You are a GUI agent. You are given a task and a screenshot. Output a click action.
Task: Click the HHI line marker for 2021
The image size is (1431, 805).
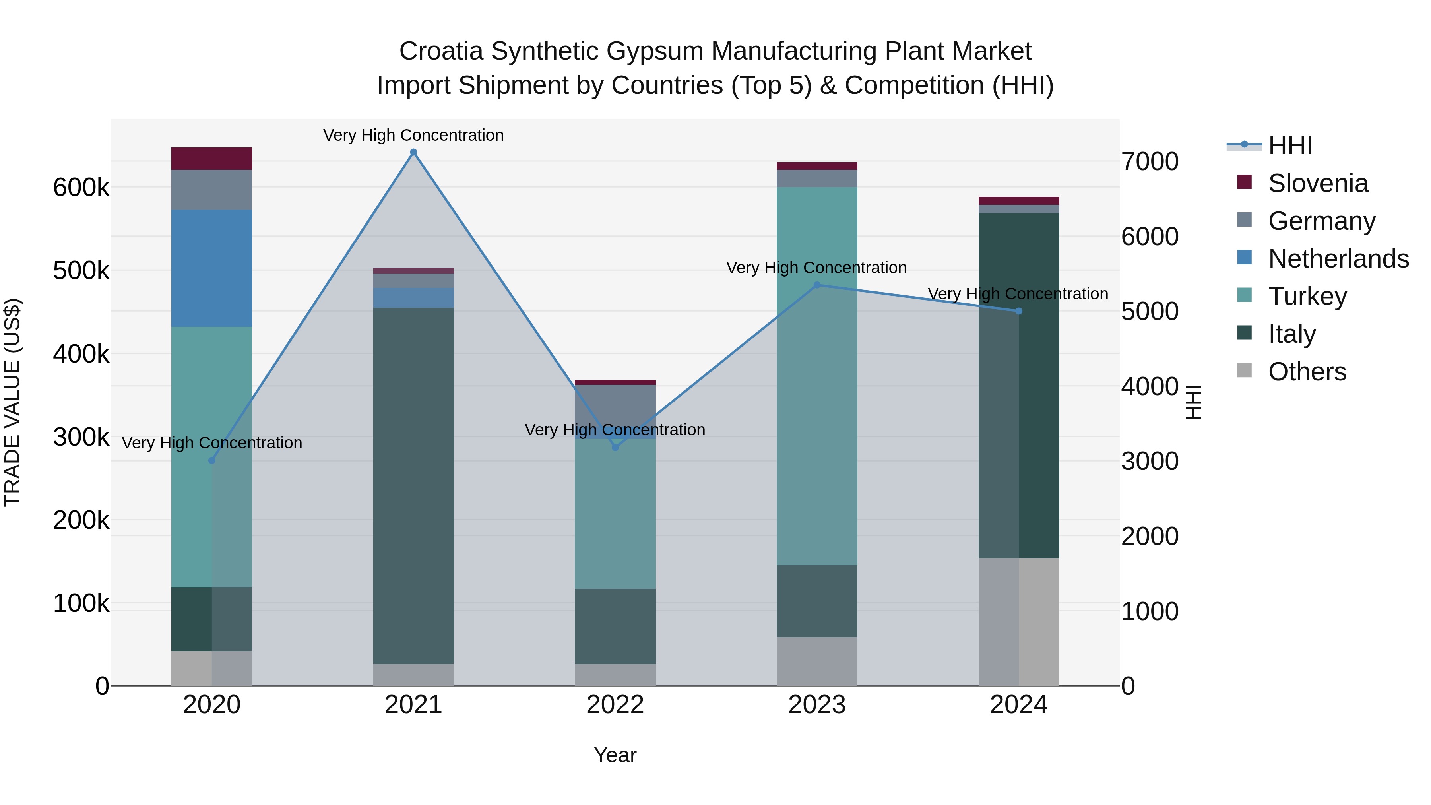(413, 152)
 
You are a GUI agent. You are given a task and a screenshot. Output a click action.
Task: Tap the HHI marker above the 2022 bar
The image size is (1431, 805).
(615, 447)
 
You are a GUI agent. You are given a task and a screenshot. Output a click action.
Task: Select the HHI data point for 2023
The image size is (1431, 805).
(816, 285)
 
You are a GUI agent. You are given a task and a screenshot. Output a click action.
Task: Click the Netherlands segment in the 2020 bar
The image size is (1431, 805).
(211, 268)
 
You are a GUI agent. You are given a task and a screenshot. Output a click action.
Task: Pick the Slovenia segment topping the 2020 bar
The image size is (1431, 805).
(211, 158)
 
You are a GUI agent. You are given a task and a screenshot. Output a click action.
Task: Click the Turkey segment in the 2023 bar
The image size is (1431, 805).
(816, 376)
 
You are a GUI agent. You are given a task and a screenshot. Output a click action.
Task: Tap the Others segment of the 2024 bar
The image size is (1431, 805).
(1019, 622)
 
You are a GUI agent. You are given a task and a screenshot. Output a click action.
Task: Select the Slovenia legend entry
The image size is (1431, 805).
(1318, 183)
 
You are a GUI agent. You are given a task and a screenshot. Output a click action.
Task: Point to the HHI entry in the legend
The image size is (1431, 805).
(1290, 145)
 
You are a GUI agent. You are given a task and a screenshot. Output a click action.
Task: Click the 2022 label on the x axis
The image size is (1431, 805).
(615, 705)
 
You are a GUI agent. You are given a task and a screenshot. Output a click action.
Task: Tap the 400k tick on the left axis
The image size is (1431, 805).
(81, 353)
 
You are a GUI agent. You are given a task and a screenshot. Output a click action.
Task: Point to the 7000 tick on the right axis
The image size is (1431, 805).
(1149, 162)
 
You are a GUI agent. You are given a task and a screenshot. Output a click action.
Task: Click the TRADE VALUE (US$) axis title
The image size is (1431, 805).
(12, 402)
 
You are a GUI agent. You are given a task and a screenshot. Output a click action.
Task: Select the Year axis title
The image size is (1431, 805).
(615, 755)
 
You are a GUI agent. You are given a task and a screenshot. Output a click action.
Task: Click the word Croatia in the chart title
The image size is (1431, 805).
(441, 51)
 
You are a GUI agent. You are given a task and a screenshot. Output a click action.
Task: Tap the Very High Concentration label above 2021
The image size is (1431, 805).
(413, 135)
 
